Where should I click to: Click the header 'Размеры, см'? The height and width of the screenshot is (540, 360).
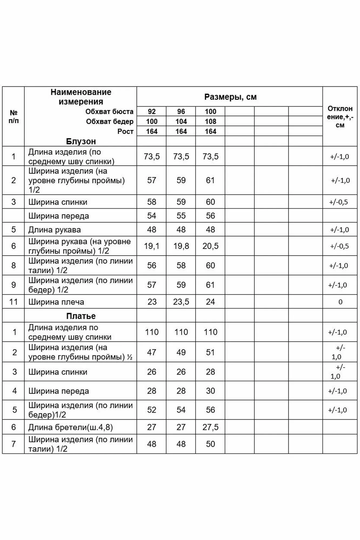[230, 97]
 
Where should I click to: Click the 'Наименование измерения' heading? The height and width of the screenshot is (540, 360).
[81, 97]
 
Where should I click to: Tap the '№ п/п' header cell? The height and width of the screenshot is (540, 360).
[14, 117]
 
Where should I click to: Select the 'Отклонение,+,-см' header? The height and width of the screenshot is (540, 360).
[340, 117]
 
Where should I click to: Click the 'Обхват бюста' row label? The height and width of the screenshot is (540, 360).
[109, 112]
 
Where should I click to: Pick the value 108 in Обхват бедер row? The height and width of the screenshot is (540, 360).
[210, 122]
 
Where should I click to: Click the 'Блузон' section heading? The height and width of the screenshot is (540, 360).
[81, 141]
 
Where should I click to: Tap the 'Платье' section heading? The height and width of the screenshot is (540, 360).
[81, 316]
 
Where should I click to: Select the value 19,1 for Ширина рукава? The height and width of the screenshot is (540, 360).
[152, 246]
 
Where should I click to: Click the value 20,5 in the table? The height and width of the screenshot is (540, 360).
[210, 246]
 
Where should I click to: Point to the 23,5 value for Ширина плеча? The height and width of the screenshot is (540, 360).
[181, 302]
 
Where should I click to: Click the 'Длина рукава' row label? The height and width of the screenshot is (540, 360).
[55, 230]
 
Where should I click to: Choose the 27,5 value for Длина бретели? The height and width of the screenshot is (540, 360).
[210, 427]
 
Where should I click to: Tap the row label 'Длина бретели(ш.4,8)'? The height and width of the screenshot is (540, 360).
[70, 427]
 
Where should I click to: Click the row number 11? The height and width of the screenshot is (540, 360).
[14, 302]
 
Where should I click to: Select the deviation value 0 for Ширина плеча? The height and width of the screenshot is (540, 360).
[340, 302]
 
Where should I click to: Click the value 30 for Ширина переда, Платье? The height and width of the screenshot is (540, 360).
[210, 391]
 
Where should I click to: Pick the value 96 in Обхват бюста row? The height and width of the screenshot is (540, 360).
[181, 112]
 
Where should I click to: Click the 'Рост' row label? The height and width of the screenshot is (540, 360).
[125, 131]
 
